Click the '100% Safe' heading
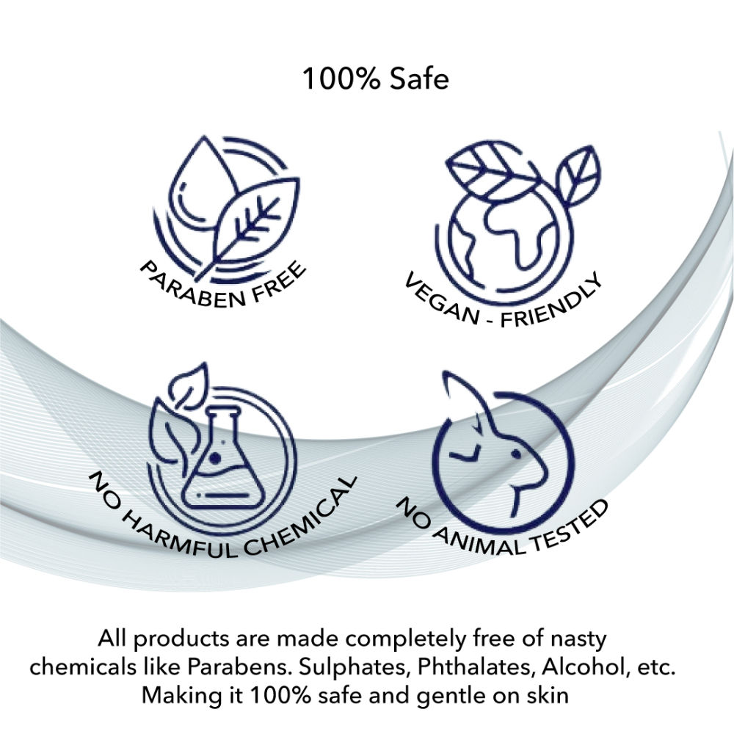click(x=375, y=79)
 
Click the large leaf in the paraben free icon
click(x=252, y=225)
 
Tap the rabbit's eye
click(x=516, y=454)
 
